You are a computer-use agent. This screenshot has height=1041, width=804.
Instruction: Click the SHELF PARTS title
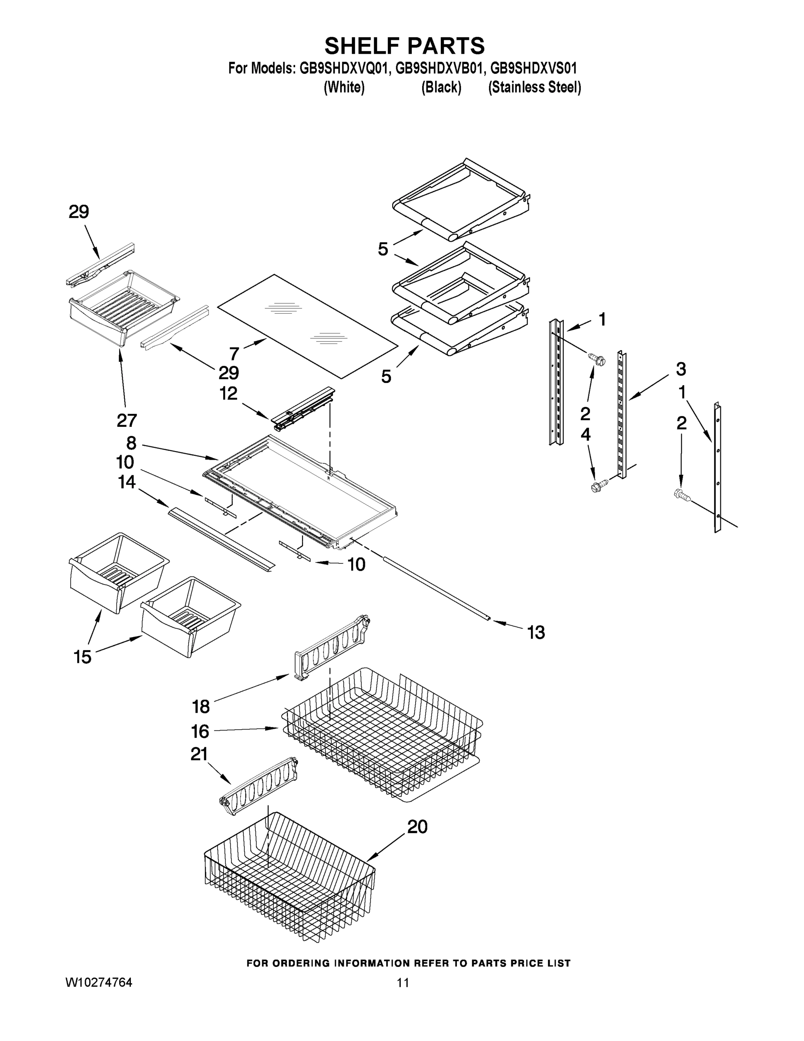pos(404,46)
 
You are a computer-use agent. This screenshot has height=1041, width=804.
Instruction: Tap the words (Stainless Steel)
pos(534,88)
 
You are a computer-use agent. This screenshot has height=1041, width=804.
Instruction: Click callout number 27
pos(127,420)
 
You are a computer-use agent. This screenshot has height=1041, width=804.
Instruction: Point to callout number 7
pos(234,354)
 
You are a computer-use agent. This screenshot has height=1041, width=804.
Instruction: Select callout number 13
pos(536,632)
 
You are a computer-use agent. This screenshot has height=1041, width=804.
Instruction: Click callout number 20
pos(417,826)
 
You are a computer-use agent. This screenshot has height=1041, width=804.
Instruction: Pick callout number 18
pos(201,707)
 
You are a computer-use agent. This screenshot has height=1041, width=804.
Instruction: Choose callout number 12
pos(228,394)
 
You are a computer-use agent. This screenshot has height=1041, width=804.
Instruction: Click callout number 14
pos(127,482)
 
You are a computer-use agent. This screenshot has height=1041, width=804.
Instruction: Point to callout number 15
pos(82,657)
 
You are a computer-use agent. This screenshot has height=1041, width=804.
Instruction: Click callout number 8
pos(131,443)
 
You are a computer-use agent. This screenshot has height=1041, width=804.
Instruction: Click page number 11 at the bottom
pos(403,983)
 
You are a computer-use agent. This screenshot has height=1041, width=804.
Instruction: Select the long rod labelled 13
pos(433,587)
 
